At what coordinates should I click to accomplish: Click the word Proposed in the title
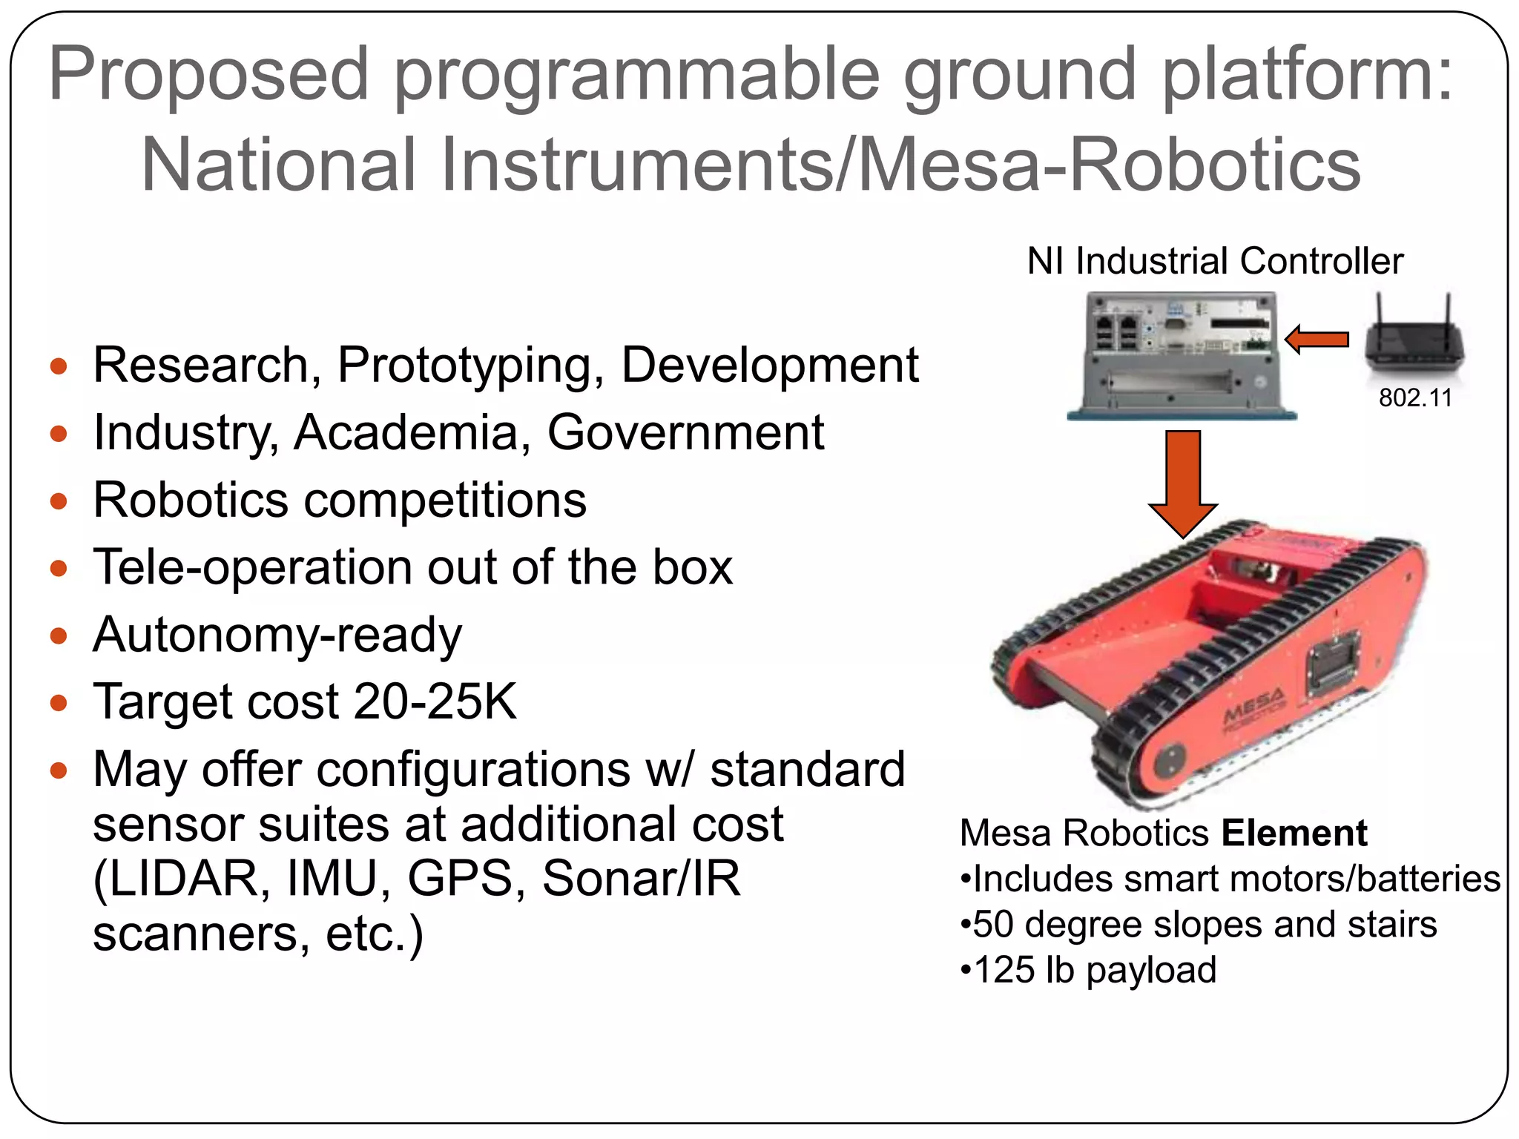pyautogui.click(x=208, y=74)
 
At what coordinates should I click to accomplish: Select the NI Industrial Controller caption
pyautogui.click(x=1214, y=261)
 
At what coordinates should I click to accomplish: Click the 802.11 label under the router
pyautogui.click(x=1414, y=398)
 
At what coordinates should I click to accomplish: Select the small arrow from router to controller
pyautogui.click(x=1317, y=340)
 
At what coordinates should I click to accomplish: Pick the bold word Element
pyautogui.click(x=1294, y=833)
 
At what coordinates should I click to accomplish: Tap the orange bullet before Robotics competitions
pyautogui.click(x=59, y=501)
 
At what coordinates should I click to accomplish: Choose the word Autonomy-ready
pyautogui.click(x=277, y=635)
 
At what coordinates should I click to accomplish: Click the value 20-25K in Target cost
pyautogui.click(x=434, y=701)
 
